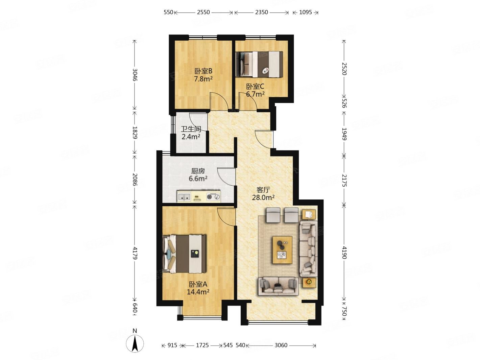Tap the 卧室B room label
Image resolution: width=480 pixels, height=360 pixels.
click(x=203, y=71)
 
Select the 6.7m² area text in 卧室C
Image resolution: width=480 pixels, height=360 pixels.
click(x=255, y=94)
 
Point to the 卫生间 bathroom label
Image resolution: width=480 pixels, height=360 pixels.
click(x=191, y=129)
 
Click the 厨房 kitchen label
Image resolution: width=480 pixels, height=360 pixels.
click(x=198, y=171)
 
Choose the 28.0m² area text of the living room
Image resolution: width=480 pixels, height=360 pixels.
click(x=263, y=197)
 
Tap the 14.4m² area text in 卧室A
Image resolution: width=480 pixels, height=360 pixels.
click(x=198, y=292)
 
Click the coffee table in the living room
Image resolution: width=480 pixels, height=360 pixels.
click(x=282, y=250)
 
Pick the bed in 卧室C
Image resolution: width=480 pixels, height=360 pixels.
click(x=259, y=64)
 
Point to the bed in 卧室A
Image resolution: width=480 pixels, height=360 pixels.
click(x=185, y=254)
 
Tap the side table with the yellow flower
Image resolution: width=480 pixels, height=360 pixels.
click(x=309, y=282)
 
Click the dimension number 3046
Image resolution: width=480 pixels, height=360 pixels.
click(x=135, y=75)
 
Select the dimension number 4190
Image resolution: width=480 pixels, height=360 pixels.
click(x=344, y=253)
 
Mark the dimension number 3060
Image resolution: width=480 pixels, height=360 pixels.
click(x=281, y=345)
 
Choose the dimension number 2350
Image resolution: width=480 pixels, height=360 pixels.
click(x=261, y=12)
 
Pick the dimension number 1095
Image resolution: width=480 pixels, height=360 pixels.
click(x=305, y=12)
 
